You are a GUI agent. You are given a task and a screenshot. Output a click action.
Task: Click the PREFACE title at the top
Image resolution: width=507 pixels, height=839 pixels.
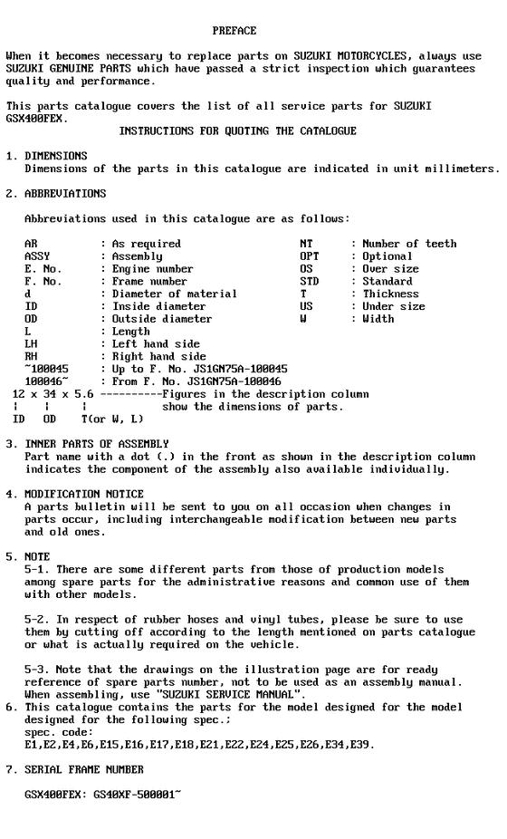pos(234,31)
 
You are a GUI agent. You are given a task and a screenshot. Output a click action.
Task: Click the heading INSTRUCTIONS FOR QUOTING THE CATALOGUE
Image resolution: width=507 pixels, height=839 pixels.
pos(237,131)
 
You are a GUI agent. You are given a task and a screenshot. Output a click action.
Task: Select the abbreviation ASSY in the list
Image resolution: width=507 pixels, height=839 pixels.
pos(37,256)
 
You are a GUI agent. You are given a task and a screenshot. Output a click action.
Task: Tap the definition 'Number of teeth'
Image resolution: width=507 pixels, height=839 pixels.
pos(409,244)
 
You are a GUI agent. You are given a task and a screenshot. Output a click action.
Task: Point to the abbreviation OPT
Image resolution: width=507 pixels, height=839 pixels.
pos(310,256)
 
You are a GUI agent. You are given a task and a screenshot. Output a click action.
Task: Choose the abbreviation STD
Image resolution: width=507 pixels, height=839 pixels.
pos(310,282)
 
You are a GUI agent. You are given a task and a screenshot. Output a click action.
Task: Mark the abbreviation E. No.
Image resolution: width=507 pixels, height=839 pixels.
pos(43,269)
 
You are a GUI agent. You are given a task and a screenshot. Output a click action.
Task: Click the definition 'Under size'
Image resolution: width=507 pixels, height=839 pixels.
pos(394,306)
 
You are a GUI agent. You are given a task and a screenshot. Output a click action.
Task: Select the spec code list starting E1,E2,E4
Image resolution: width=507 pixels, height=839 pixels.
pos(196,744)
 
